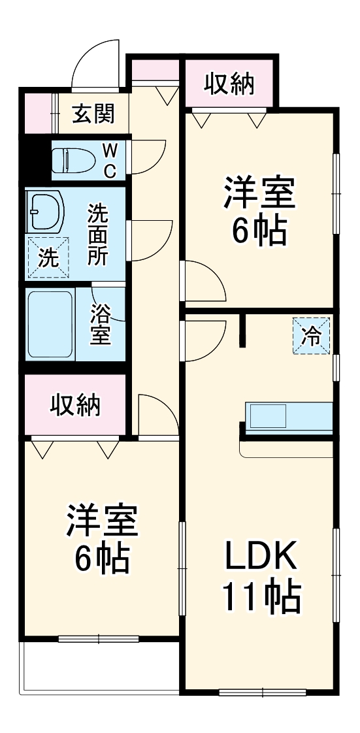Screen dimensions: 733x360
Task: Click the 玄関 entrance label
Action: click(x=93, y=114)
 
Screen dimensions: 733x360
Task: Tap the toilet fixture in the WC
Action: click(x=73, y=159)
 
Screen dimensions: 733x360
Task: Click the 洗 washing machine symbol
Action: click(x=46, y=257)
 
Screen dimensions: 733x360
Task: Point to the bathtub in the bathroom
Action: click(x=50, y=323)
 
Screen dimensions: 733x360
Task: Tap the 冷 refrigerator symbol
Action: click(x=311, y=336)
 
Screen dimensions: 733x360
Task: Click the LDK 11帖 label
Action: click(x=261, y=576)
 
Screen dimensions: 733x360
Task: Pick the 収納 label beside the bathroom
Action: click(x=75, y=404)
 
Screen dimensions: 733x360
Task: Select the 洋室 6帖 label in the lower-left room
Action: click(x=101, y=537)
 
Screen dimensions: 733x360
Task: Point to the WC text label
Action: click(x=110, y=161)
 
